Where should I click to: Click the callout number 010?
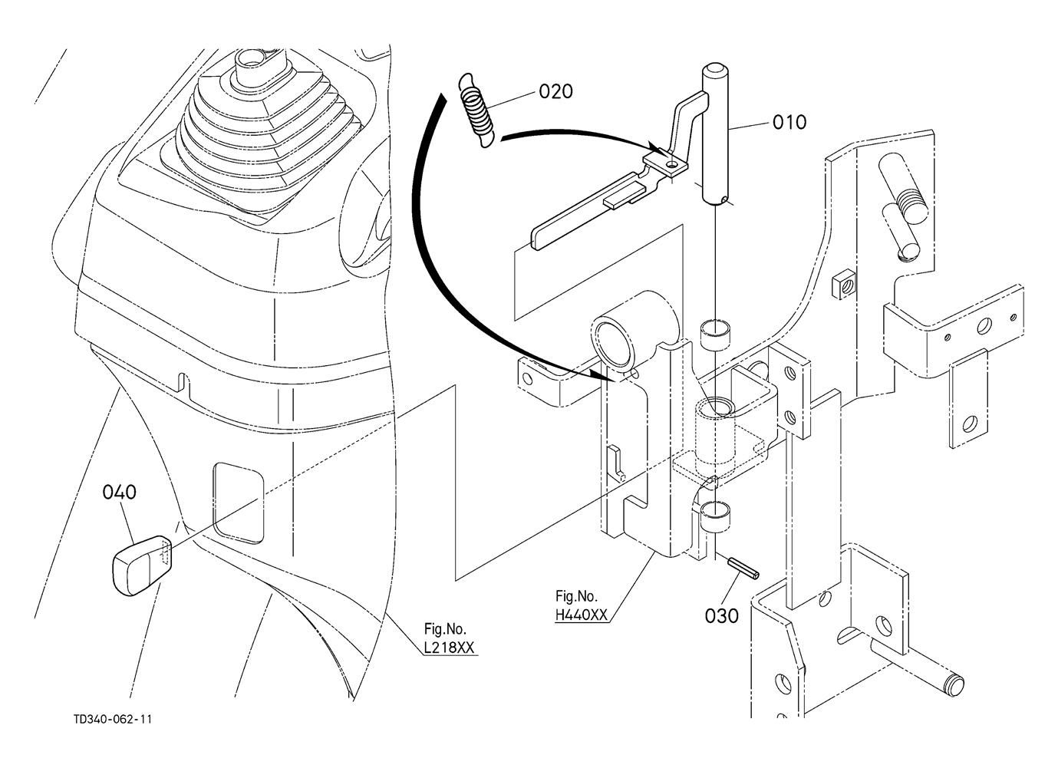click(x=789, y=122)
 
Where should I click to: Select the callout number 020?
click(x=556, y=91)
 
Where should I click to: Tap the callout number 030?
click(x=722, y=616)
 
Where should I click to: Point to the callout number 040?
click(x=120, y=492)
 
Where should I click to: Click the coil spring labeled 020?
click(x=476, y=110)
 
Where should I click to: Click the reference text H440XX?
click(x=582, y=615)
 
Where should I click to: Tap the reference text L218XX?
click(x=449, y=647)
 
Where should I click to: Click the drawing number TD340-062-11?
click(x=113, y=720)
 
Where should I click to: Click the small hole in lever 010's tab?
click(x=672, y=164)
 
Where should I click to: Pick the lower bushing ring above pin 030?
click(x=715, y=517)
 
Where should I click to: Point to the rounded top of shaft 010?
click(x=716, y=72)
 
